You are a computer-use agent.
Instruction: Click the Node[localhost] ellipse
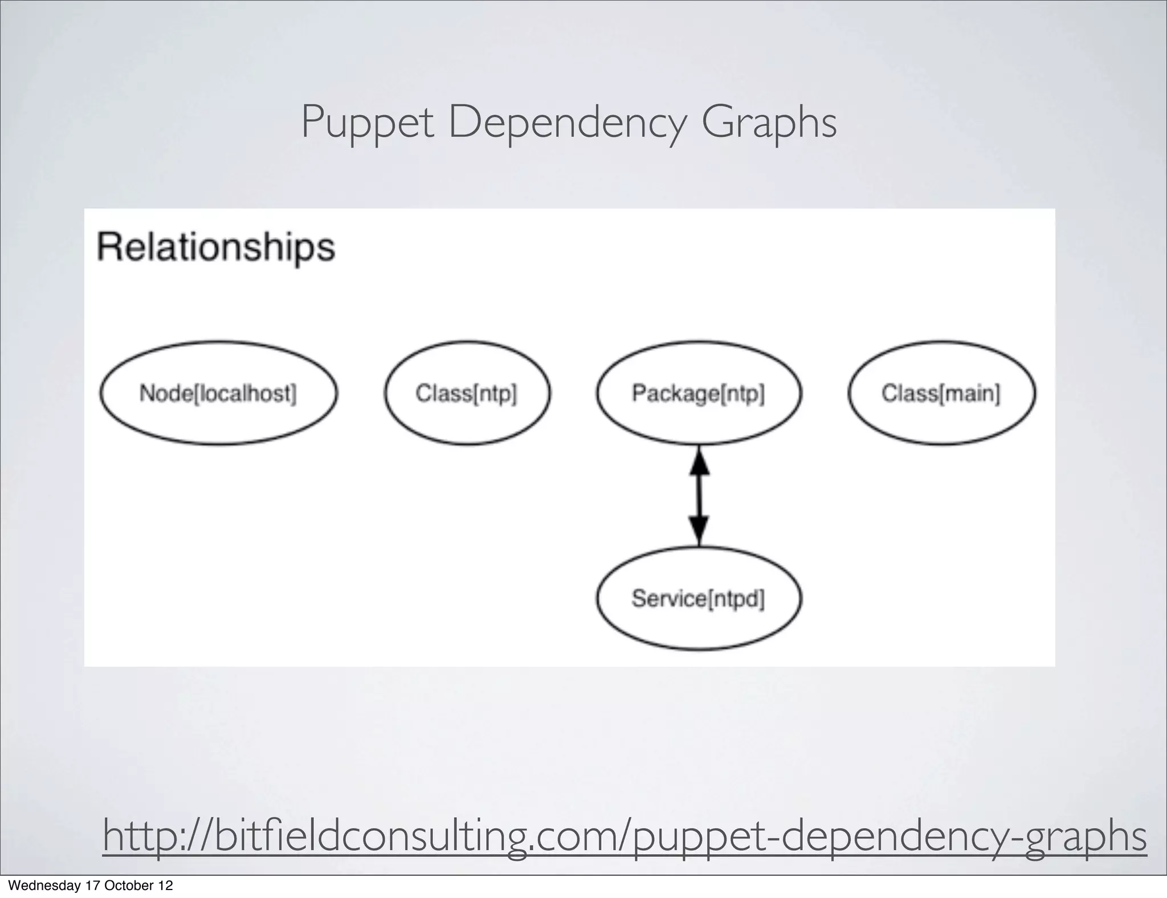click(x=218, y=393)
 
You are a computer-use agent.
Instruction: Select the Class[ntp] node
click(x=467, y=393)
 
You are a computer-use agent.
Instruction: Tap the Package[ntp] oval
click(x=699, y=393)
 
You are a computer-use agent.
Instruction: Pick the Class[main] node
click(x=941, y=393)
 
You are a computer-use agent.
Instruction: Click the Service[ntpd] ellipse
click(x=699, y=598)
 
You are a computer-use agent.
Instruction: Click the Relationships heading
click(x=216, y=247)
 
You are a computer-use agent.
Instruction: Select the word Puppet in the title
click(x=367, y=123)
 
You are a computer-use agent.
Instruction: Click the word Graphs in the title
click(x=769, y=123)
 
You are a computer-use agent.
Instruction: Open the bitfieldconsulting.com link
click(x=625, y=836)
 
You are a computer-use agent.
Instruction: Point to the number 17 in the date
click(x=93, y=885)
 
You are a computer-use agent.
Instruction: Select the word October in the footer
click(x=129, y=885)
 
